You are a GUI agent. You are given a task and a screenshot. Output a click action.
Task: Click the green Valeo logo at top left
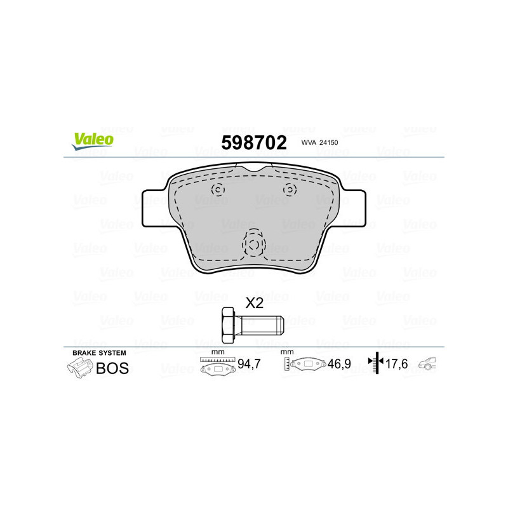(x=92, y=141)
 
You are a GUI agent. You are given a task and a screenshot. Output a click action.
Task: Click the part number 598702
(x=253, y=142)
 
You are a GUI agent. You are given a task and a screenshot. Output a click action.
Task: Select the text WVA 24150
(x=321, y=144)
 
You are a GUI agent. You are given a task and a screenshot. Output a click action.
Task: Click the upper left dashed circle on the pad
(x=218, y=189)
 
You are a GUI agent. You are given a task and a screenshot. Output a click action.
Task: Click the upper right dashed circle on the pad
(x=289, y=189)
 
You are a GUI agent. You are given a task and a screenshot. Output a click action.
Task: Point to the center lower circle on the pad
(x=253, y=244)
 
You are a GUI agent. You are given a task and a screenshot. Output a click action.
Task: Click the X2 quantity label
(x=254, y=304)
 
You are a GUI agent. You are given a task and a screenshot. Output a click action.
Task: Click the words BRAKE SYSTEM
(x=99, y=352)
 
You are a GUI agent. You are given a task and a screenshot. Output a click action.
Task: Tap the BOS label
(x=112, y=368)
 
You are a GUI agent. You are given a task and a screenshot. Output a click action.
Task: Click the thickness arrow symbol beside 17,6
(x=376, y=363)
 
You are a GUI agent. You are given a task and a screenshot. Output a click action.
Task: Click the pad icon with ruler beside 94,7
(x=217, y=366)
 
